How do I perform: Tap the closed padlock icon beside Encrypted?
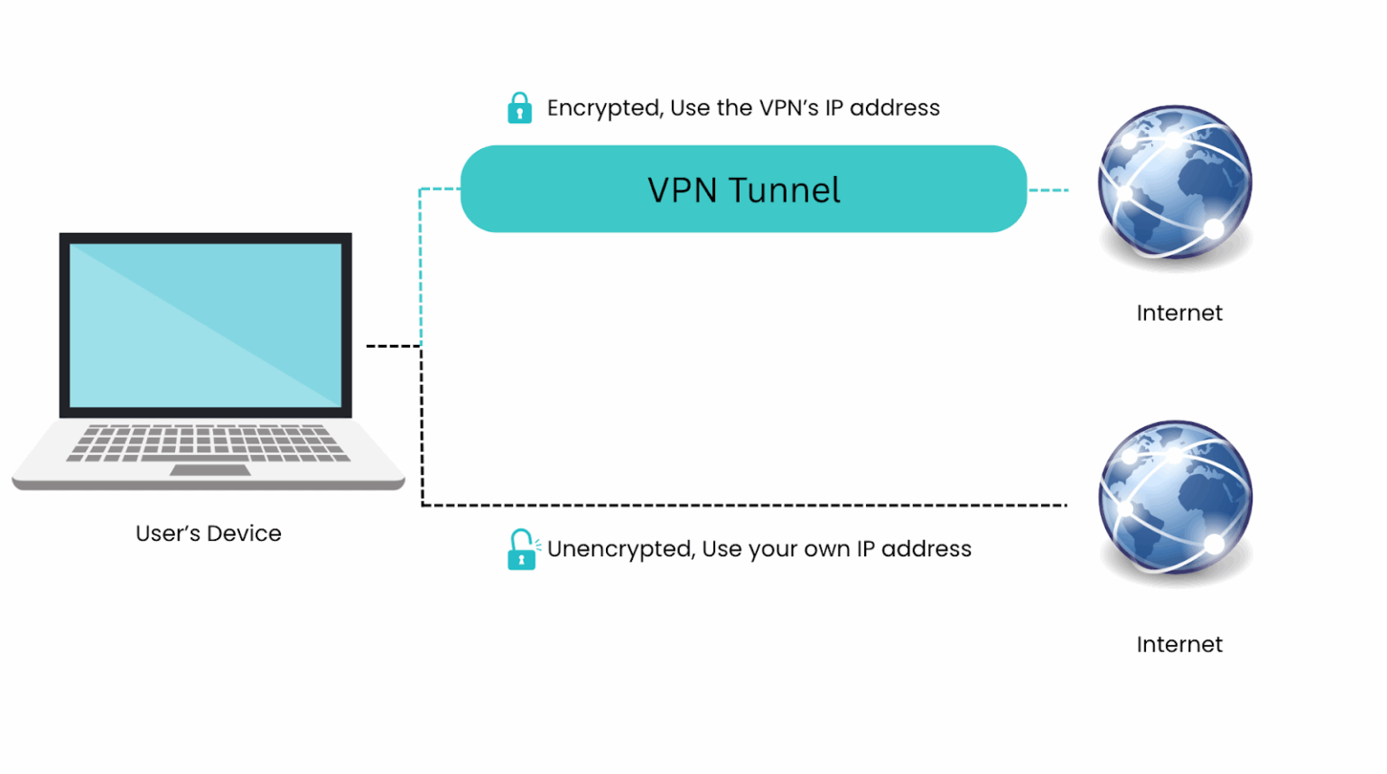pyautogui.click(x=519, y=108)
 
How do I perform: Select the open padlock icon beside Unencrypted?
pyautogui.click(x=521, y=550)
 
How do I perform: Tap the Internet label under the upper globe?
pyautogui.click(x=1178, y=313)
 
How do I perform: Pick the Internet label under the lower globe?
pyautogui.click(x=1178, y=645)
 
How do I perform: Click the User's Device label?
pyautogui.click(x=208, y=534)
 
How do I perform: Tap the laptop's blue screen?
pyautogui.click(x=205, y=326)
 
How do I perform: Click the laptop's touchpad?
pyautogui.click(x=209, y=470)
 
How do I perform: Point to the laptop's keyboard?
pyautogui.click(x=208, y=442)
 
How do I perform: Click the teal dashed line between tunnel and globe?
pyautogui.click(x=1048, y=191)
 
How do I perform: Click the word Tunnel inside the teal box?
pyautogui.click(x=784, y=191)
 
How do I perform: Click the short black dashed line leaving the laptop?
pyautogui.click(x=393, y=346)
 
